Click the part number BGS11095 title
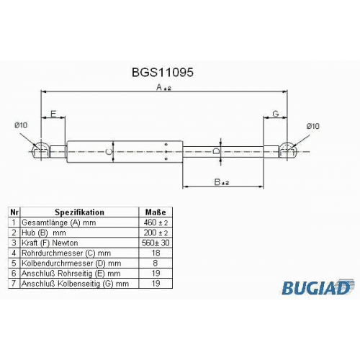tap(163, 72)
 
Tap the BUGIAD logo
tap(318, 287)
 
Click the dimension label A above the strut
tap(163, 87)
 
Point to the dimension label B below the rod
tap(221, 182)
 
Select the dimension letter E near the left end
tap(53, 114)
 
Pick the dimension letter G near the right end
tap(276, 114)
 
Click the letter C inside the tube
tap(109, 152)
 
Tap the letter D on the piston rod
tap(216, 151)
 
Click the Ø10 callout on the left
tap(21, 125)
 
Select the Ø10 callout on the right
tap(313, 126)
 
